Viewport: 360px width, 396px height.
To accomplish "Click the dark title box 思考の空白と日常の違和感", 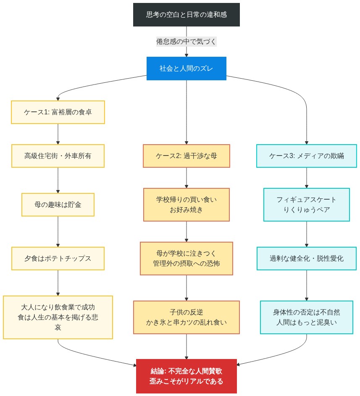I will (187, 15).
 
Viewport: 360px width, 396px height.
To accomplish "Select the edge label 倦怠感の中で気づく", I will (187, 42).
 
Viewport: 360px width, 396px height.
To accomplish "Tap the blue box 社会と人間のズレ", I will (187, 69).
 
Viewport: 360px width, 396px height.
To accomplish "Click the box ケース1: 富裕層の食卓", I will (58, 112).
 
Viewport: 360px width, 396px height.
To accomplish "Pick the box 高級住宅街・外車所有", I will (58, 156).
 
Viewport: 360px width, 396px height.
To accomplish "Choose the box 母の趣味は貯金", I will (58, 205).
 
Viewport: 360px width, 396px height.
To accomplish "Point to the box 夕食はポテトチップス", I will (58, 258).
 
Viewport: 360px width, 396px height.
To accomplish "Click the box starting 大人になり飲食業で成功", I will (58, 317).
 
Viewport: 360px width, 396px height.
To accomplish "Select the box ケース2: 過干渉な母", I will (187, 156).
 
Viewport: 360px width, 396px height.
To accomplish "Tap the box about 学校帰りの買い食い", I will (187, 205).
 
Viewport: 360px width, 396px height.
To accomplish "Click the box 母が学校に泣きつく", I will (187, 258).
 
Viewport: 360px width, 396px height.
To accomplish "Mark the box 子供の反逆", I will (187, 317).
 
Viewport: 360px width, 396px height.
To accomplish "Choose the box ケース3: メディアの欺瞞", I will (307, 156).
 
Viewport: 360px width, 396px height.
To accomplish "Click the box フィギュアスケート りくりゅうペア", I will (307, 205).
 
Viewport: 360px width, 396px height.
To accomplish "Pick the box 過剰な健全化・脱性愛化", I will (307, 258).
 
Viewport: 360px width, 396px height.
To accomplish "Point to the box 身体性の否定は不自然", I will (307, 317).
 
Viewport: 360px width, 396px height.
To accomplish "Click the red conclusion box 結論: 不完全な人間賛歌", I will (187, 376).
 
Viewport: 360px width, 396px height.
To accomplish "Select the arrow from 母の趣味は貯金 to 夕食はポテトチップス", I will (58, 232).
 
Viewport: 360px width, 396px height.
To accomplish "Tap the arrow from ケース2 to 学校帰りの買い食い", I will (187, 177).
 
